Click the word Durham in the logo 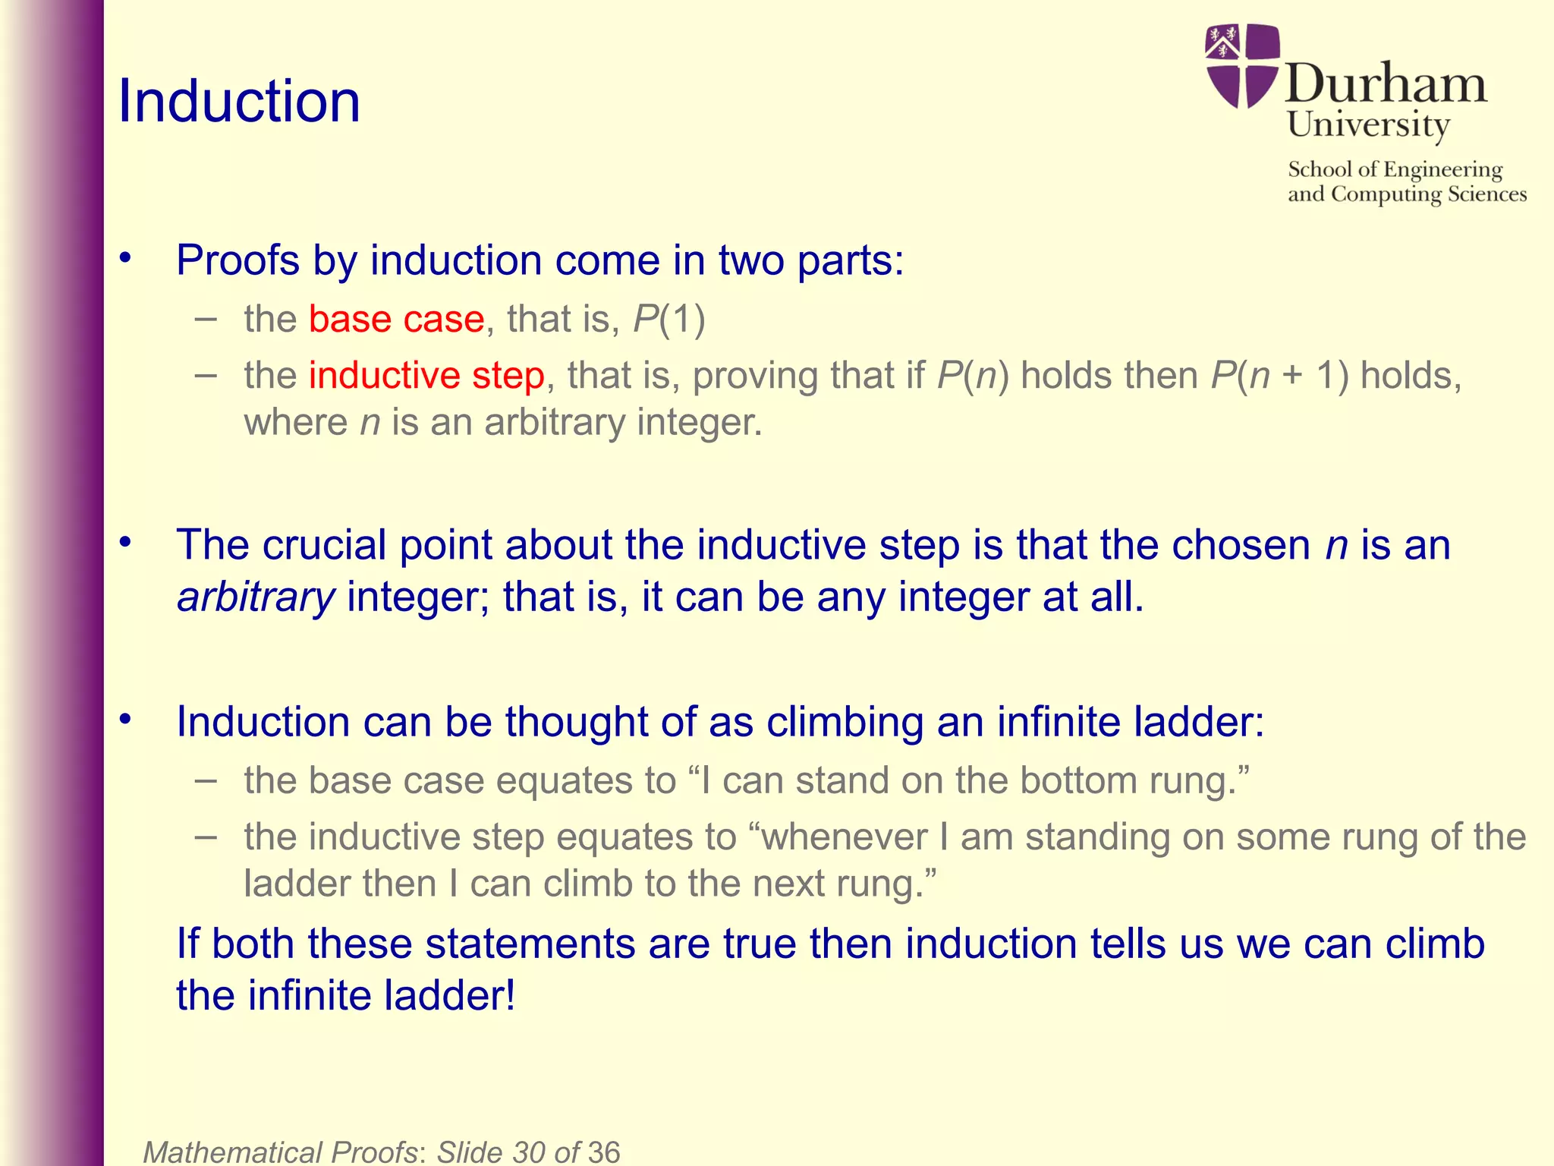(1386, 84)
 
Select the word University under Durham (1368, 125)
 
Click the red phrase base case (396, 319)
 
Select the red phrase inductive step (426, 376)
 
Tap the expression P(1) (669, 319)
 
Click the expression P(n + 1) (1279, 376)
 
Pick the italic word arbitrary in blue (256, 597)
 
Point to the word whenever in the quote (844, 837)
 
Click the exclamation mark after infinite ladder (508, 995)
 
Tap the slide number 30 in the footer (529, 1152)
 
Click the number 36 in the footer (603, 1152)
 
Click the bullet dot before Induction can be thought (126, 718)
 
